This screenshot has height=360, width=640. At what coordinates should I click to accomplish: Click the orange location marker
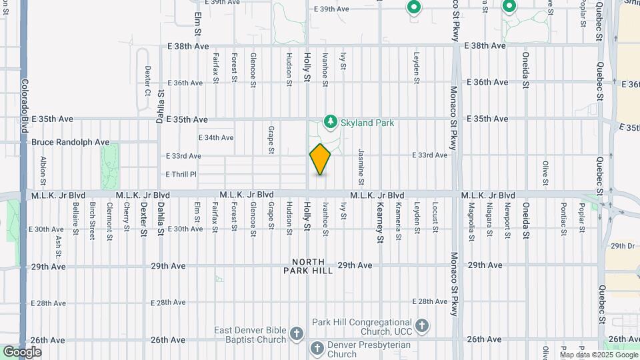point(320,159)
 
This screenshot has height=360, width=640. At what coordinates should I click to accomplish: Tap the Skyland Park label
point(367,123)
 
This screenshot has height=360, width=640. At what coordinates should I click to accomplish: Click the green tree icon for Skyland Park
point(329,121)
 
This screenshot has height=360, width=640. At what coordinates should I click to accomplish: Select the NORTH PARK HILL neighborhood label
point(308,266)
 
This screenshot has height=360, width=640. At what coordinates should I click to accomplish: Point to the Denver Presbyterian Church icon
point(317,349)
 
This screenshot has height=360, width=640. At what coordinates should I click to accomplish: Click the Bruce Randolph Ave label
point(71,142)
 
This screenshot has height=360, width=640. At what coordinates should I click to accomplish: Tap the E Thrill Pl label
point(181,174)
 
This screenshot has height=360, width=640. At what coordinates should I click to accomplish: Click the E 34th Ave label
point(216,137)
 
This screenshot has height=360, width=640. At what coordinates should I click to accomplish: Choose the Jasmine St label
point(361,167)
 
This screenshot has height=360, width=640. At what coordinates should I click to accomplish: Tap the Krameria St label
point(398,221)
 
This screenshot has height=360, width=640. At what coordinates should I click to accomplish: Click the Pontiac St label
point(563,217)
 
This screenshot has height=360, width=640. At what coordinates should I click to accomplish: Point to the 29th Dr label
point(622,246)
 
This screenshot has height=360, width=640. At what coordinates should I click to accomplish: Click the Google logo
point(22,351)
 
